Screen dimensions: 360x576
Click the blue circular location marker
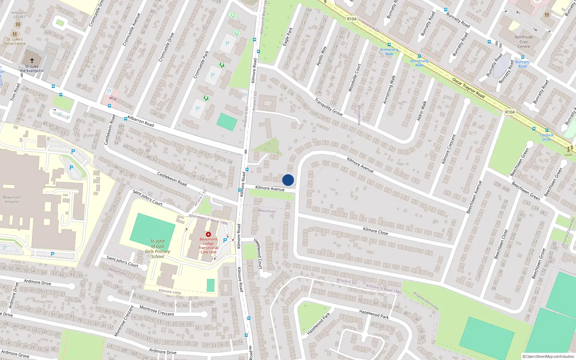(288, 180)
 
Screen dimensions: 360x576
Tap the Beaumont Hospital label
(12, 199)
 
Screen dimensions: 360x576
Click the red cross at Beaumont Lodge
(208, 234)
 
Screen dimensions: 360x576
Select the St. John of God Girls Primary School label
(158, 249)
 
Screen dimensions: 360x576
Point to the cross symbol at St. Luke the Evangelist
(32, 60)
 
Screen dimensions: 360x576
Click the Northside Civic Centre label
(524, 42)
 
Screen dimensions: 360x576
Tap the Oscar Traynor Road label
(468, 88)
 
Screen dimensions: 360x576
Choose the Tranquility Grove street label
(328, 107)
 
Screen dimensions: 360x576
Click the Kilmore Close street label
(375, 231)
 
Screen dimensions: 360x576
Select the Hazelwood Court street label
(258, 253)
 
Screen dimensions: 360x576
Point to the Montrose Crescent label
(157, 311)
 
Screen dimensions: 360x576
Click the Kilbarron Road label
(141, 121)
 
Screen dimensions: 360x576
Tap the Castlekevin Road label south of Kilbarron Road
(172, 179)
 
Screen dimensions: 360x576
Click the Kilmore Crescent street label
(449, 149)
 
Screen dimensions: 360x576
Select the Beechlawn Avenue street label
(474, 197)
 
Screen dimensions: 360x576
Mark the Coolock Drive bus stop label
(546, 137)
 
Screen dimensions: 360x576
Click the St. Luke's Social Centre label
(15, 41)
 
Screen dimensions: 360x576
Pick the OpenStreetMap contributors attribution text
(548, 356)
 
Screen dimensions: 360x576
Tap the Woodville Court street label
(354, 78)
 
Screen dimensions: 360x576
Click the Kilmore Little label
(170, 292)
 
